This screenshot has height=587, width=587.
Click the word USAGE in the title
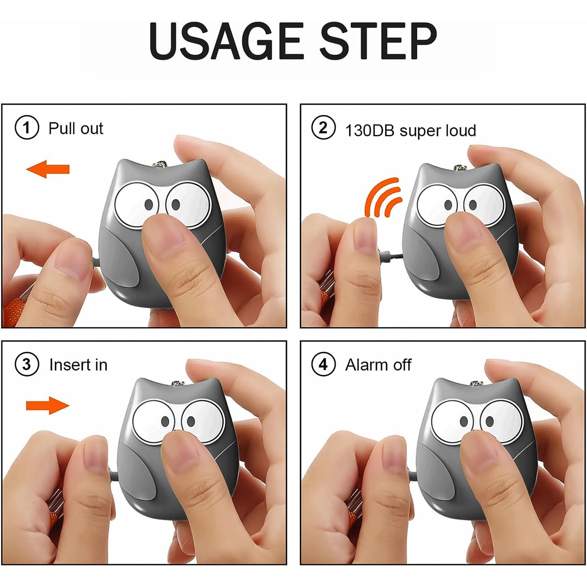(x=226, y=41)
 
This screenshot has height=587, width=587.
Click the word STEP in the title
(x=378, y=41)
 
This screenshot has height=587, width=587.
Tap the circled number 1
(x=27, y=128)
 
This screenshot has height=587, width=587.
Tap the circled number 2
(x=323, y=128)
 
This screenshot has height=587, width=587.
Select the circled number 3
(x=27, y=364)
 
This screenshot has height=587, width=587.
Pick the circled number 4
(x=323, y=364)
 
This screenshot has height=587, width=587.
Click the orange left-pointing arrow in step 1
(x=48, y=169)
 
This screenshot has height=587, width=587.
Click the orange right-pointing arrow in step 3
(x=48, y=405)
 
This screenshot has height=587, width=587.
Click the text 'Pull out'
(x=76, y=128)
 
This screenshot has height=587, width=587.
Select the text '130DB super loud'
(x=410, y=131)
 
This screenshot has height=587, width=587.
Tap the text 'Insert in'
(x=78, y=365)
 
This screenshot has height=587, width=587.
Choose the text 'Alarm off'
(x=378, y=365)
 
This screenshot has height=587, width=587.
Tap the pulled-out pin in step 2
(x=390, y=256)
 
